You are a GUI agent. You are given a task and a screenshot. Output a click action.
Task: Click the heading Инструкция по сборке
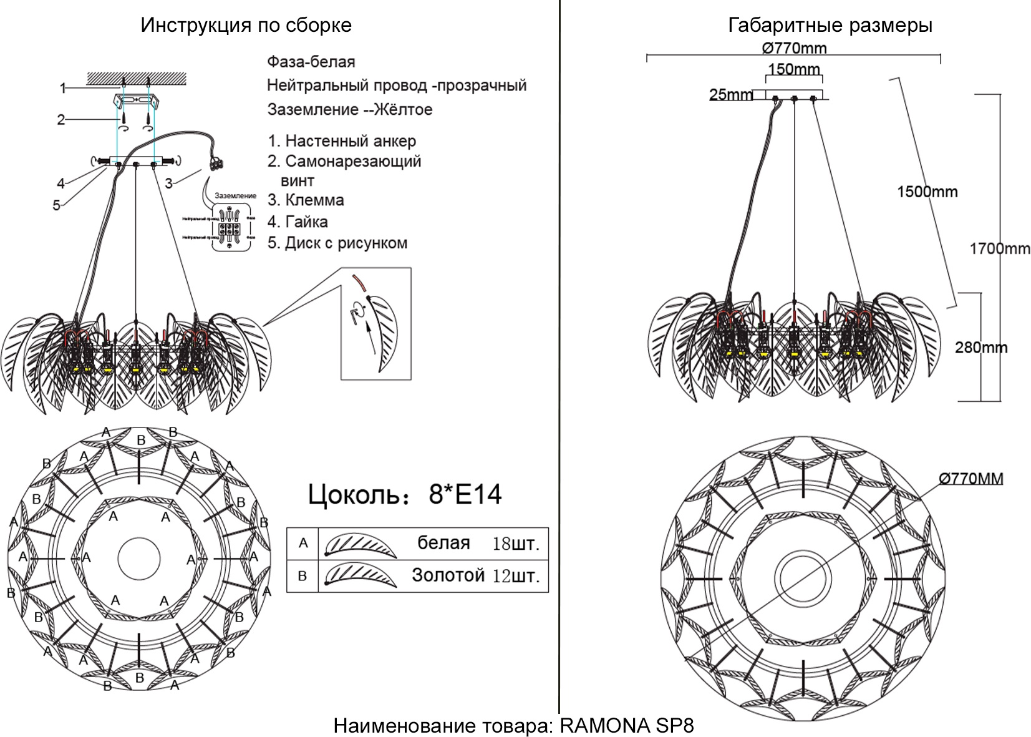[246, 26]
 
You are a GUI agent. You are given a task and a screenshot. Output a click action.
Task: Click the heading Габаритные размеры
[830, 26]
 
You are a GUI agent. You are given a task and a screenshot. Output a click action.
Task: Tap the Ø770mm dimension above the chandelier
[794, 48]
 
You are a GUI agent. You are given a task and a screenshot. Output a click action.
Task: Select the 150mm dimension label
[793, 69]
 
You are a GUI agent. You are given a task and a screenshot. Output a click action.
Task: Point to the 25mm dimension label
[730, 95]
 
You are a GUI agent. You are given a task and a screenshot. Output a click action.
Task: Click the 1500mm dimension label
[927, 192]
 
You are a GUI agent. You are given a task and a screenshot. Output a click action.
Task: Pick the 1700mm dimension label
[999, 249]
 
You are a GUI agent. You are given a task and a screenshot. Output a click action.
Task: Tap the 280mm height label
[980, 348]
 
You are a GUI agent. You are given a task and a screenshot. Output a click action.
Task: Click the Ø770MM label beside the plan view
[971, 479]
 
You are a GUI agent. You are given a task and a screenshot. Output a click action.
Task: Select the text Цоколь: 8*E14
[404, 495]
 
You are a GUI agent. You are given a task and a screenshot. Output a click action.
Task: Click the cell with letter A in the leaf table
[303, 544]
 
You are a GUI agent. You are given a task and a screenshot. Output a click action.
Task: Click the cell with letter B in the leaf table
[303, 576]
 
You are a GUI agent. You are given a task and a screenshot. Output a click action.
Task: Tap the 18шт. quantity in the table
[515, 544]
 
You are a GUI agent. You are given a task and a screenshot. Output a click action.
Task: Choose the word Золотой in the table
[448, 575]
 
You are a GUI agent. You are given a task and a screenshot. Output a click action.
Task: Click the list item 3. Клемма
[306, 200]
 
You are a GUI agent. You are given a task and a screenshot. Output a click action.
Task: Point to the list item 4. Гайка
[298, 222]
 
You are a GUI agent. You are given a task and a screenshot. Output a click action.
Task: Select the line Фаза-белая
[311, 62]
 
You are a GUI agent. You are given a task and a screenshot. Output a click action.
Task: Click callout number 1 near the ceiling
[62, 89]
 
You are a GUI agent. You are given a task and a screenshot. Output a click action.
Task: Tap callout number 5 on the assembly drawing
[56, 205]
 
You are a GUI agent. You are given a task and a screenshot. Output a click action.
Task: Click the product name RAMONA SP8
[626, 726]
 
